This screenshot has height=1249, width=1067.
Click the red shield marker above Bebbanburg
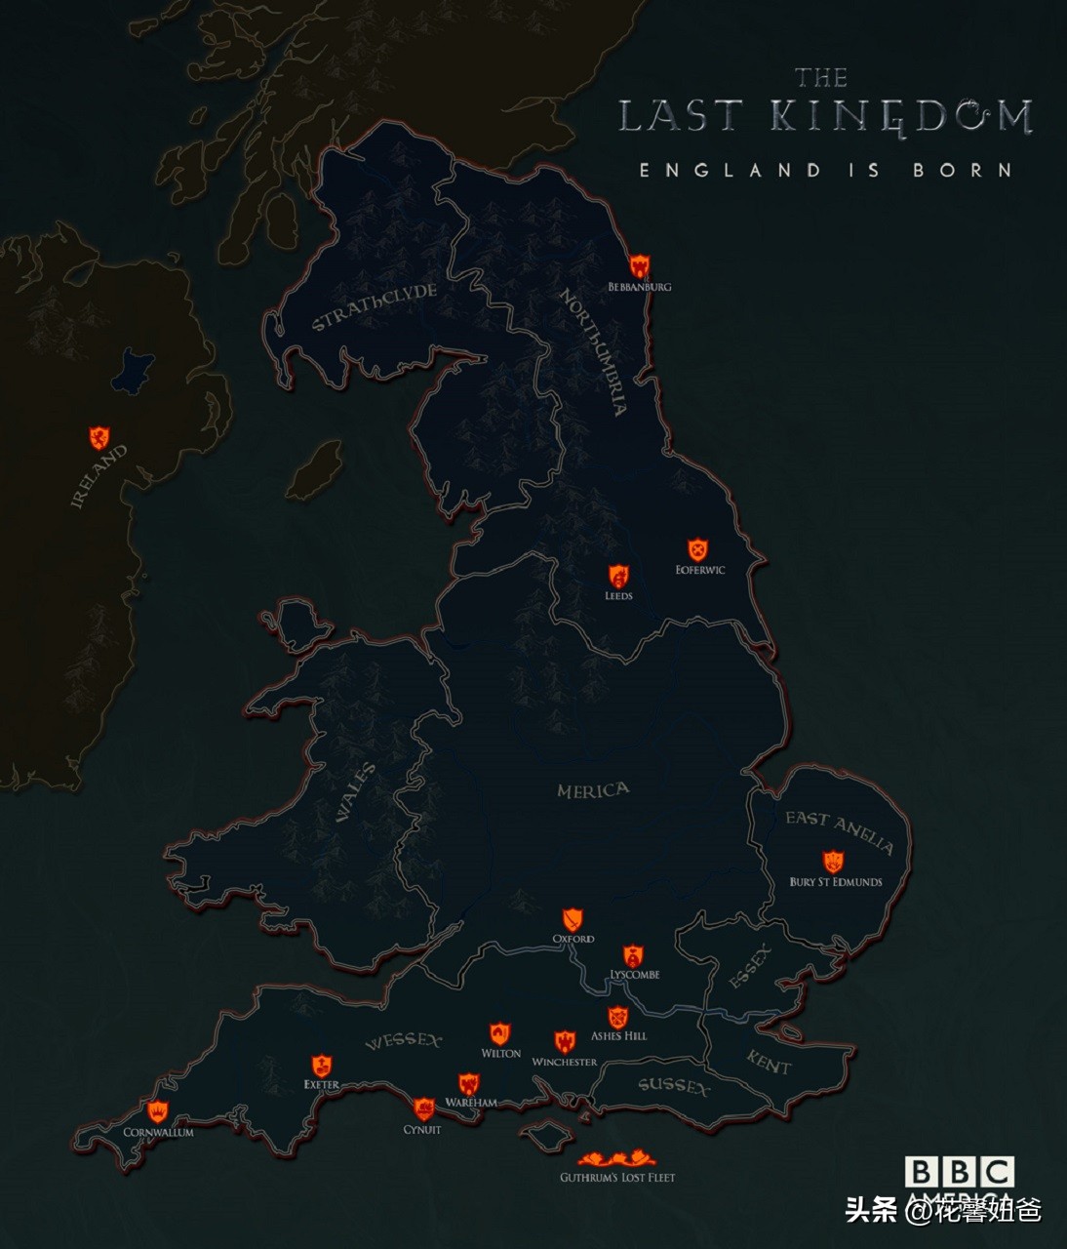[x=640, y=265]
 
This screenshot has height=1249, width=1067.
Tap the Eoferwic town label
[x=700, y=570]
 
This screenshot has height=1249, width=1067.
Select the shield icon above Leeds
[x=618, y=576]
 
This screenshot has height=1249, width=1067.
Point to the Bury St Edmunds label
[x=836, y=882]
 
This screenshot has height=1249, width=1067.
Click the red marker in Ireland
[x=99, y=437]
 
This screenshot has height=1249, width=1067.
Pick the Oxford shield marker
[x=573, y=919]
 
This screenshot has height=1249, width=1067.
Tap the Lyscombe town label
[x=635, y=974]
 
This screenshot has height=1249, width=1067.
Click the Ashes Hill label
[x=618, y=1035]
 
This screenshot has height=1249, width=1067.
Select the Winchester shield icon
[x=565, y=1042]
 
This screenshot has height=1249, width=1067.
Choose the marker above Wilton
[x=499, y=1034]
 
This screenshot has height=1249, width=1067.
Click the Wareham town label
[x=471, y=1103]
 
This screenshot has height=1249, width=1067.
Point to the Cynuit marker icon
[x=423, y=1109]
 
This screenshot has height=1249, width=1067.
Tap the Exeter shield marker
[x=321, y=1066]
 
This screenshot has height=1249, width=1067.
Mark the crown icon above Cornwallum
[x=158, y=1111]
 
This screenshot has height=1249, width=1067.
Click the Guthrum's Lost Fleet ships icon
[x=616, y=1159]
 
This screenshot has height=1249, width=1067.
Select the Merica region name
[x=593, y=790]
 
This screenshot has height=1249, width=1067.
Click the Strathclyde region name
[x=374, y=307]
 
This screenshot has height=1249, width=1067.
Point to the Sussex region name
[x=674, y=1086]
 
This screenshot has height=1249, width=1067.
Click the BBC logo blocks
[x=959, y=1172]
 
